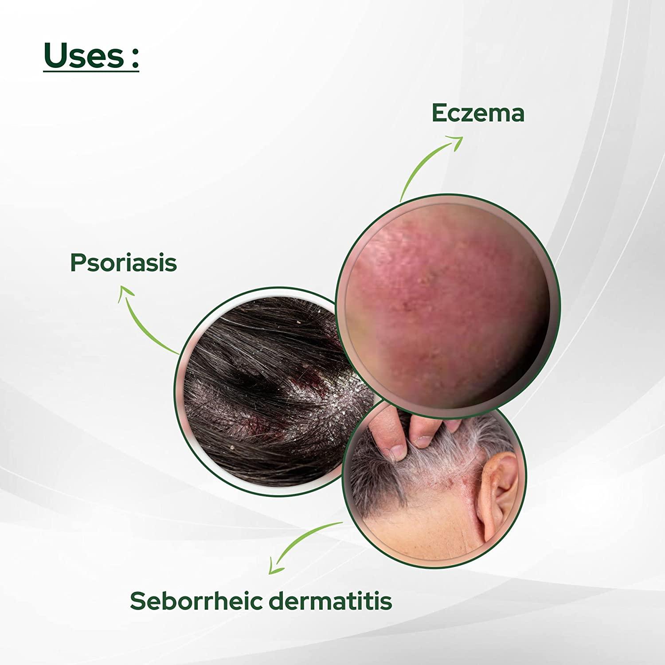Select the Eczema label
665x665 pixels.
[478, 113]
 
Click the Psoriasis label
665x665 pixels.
[123, 262]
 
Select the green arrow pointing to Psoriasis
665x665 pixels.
[142, 319]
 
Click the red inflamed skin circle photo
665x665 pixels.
[448, 301]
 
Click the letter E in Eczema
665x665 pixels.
[439, 113]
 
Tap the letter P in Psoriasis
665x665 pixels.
[77, 262]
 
